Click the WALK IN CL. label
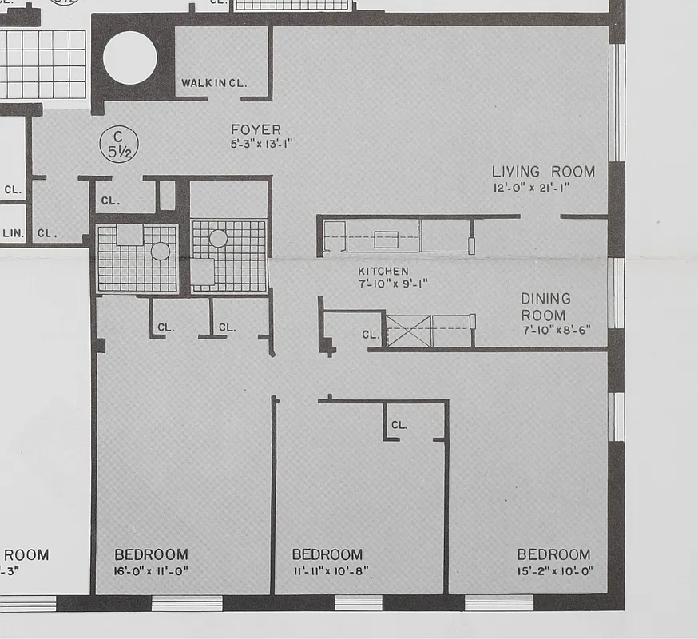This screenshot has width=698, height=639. point(215,83)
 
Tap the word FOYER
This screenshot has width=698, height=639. point(256,129)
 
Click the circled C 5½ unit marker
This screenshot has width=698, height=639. point(118,145)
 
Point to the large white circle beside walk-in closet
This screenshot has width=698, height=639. point(129,58)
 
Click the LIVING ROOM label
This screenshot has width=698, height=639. point(543,172)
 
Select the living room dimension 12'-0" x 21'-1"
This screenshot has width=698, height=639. point(530,189)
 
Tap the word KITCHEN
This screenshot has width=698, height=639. point(383,272)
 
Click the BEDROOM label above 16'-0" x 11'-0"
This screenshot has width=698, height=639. point(151,554)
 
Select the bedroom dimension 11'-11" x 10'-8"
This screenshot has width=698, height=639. point(330,571)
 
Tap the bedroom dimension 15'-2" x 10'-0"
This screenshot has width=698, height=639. point(554,571)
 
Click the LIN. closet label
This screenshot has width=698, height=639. point(12,233)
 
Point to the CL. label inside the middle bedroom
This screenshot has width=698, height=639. point(399,425)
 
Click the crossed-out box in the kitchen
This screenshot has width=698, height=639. point(409,331)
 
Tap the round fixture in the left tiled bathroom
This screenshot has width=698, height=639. point(161,251)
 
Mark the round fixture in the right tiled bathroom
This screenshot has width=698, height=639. point(218,238)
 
